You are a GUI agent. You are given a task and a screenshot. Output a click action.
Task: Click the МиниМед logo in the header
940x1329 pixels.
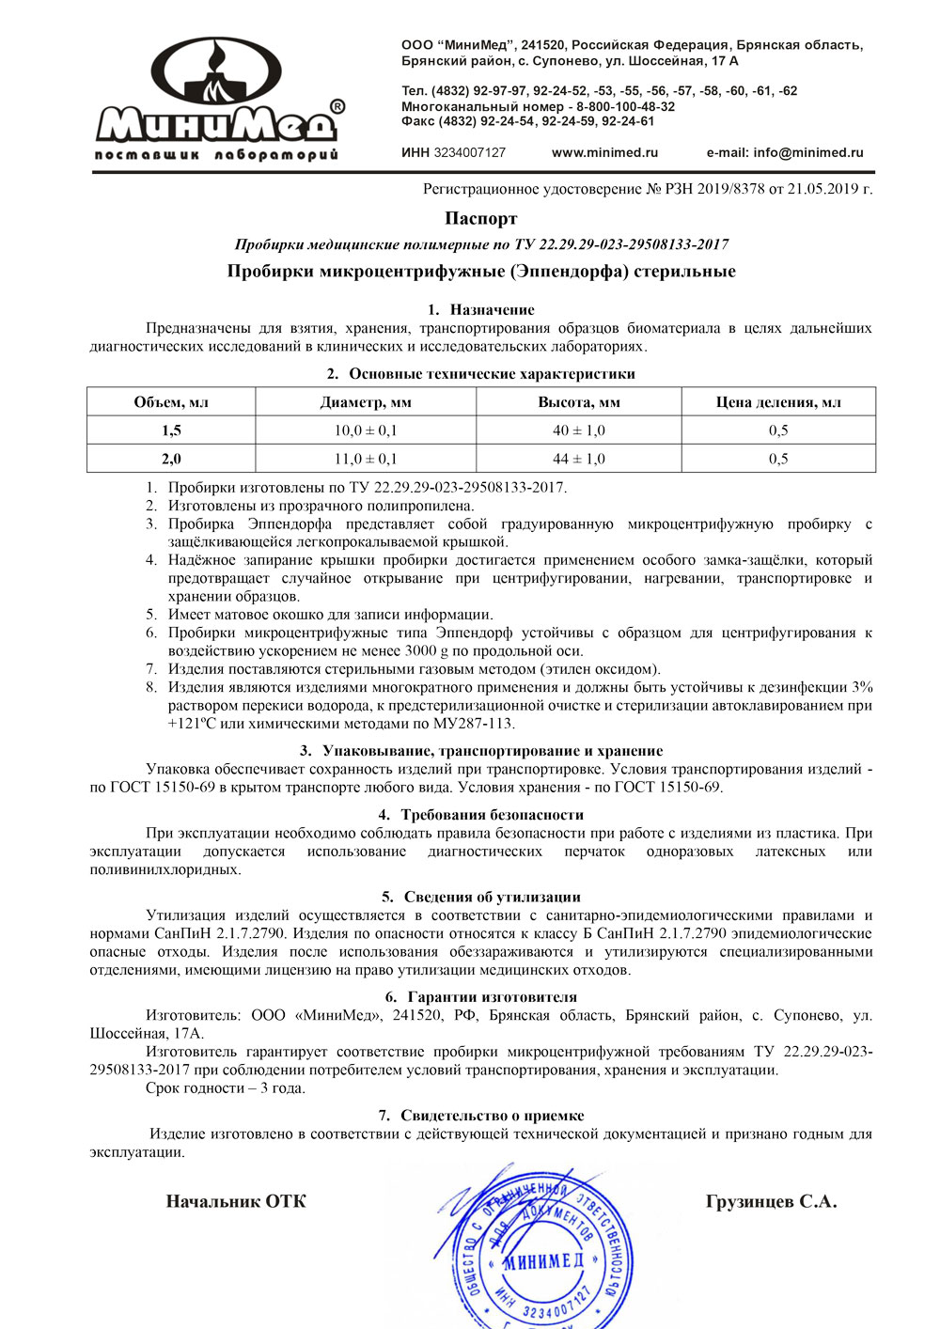pyautogui.click(x=218, y=100)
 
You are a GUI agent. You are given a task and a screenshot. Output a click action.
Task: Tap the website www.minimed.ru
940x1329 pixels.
pyautogui.click(x=604, y=152)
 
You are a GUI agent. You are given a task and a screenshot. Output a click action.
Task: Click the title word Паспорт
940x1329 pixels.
pyautogui.click(x=481, y=218)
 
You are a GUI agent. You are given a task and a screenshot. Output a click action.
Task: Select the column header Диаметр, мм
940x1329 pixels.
pyautogui.click(x=366, y=402)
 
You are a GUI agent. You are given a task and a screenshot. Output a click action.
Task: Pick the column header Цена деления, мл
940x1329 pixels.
pyautogui.click(x=778, y=402)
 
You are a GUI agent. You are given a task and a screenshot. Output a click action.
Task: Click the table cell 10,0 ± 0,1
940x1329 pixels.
pyautogui.click(x=366, y=430)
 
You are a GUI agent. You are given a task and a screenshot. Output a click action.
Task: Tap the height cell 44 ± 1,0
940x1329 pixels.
pyautogui.click(x=579, y=459)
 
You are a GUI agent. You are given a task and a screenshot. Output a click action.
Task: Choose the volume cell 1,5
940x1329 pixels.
pyautogui.click(x=171, y=430)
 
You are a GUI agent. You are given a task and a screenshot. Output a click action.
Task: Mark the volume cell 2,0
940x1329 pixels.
pyautogui.click(x=171, y=459)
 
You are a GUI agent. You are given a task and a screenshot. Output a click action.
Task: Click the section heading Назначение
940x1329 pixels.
pyautogui.click(x=492, y=309)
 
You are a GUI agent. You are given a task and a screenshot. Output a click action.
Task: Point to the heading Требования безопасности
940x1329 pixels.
pyautogui.click(x=492, y=815)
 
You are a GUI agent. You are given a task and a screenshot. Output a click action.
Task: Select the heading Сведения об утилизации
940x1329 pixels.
pyautogui.click(x=492, y=897)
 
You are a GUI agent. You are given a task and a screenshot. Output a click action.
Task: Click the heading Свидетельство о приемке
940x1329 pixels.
pyautogui.click(x=492, y=1116)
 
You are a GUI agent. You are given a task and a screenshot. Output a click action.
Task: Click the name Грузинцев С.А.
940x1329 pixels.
pyautogui.click(x=771, y=1201)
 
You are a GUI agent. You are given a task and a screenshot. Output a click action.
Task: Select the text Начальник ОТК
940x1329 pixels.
pyautogui.click(x=236, y=1201)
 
